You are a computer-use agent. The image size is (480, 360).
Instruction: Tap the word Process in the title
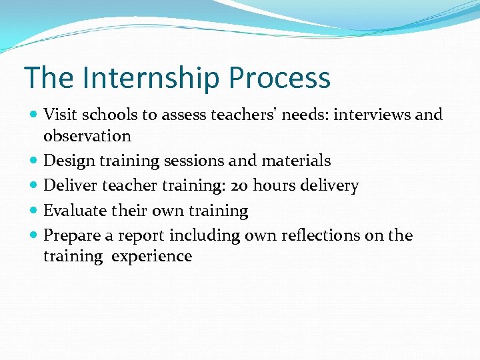click(x=279, y=78)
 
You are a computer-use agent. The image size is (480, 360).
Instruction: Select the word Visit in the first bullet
click(x=58, y=115)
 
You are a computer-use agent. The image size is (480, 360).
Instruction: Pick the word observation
click(x=87, y=136)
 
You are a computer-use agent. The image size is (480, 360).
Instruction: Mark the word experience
click(x=151, y=257)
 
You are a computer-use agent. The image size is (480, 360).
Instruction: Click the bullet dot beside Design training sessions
click(x=34, y=161)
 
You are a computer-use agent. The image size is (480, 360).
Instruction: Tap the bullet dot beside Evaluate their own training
click(x=34, y=211)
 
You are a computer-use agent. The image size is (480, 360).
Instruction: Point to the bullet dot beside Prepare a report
click(x=34, y=236)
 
